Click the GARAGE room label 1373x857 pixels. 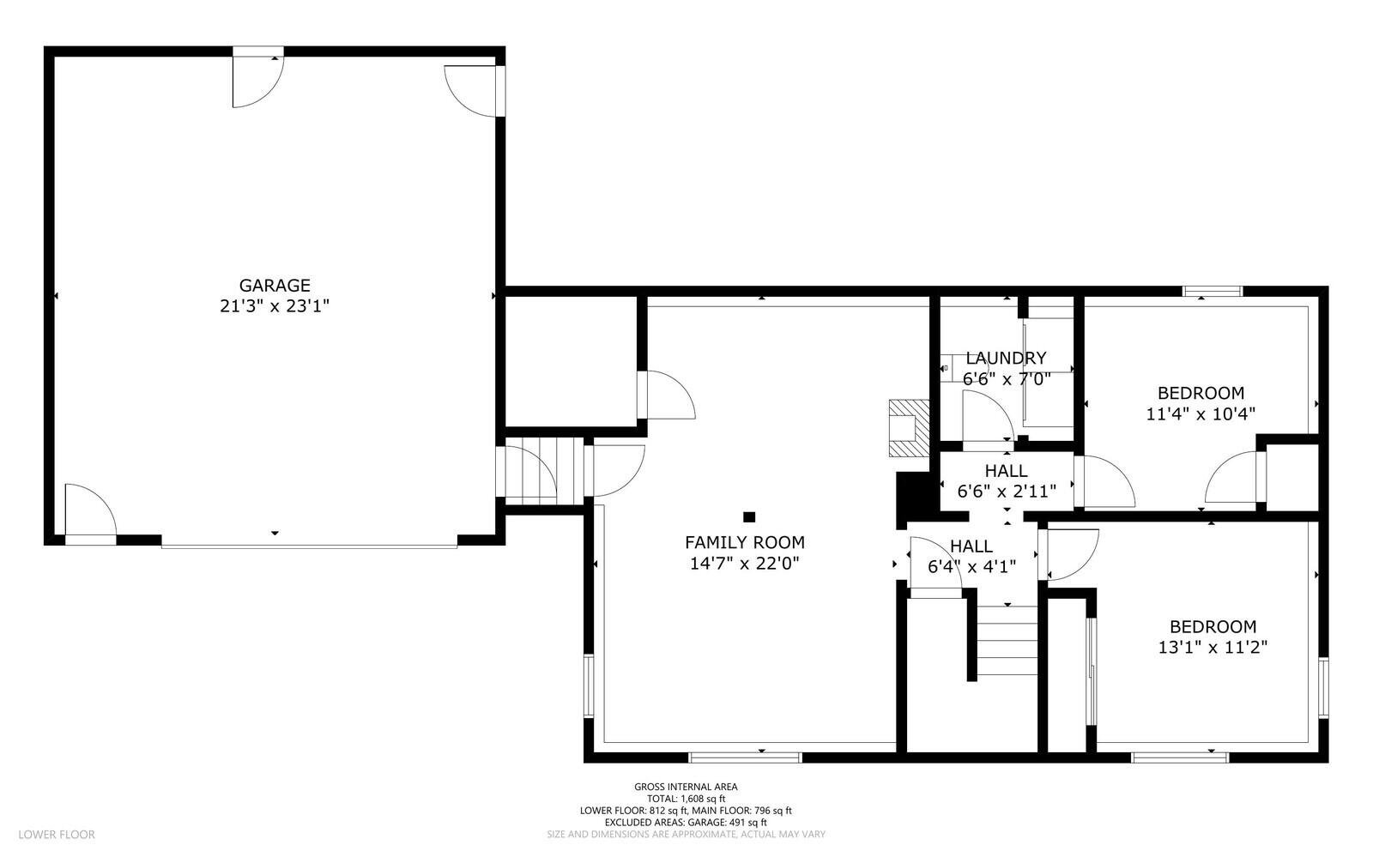tap(275, 286)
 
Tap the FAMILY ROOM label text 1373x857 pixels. tap(744, 542)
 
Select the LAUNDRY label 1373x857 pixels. tap(1006, 359)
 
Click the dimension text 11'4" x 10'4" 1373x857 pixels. tap(1201, 413)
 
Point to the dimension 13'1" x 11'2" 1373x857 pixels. tap(1213, 647)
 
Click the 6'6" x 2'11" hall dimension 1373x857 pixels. tap(1006, 492)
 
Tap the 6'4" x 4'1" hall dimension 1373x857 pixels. tap(971, 566)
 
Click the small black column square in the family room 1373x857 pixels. tap(749, 516)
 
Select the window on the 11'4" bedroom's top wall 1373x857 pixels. tap(1212, 292)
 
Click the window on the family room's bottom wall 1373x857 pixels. tap(745, 757)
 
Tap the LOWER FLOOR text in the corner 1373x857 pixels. tap(57, 834)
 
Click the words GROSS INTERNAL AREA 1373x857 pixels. tap(686, 787)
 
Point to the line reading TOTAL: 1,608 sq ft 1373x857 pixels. tap(686, 799)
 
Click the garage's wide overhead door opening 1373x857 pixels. tap(309, 542)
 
